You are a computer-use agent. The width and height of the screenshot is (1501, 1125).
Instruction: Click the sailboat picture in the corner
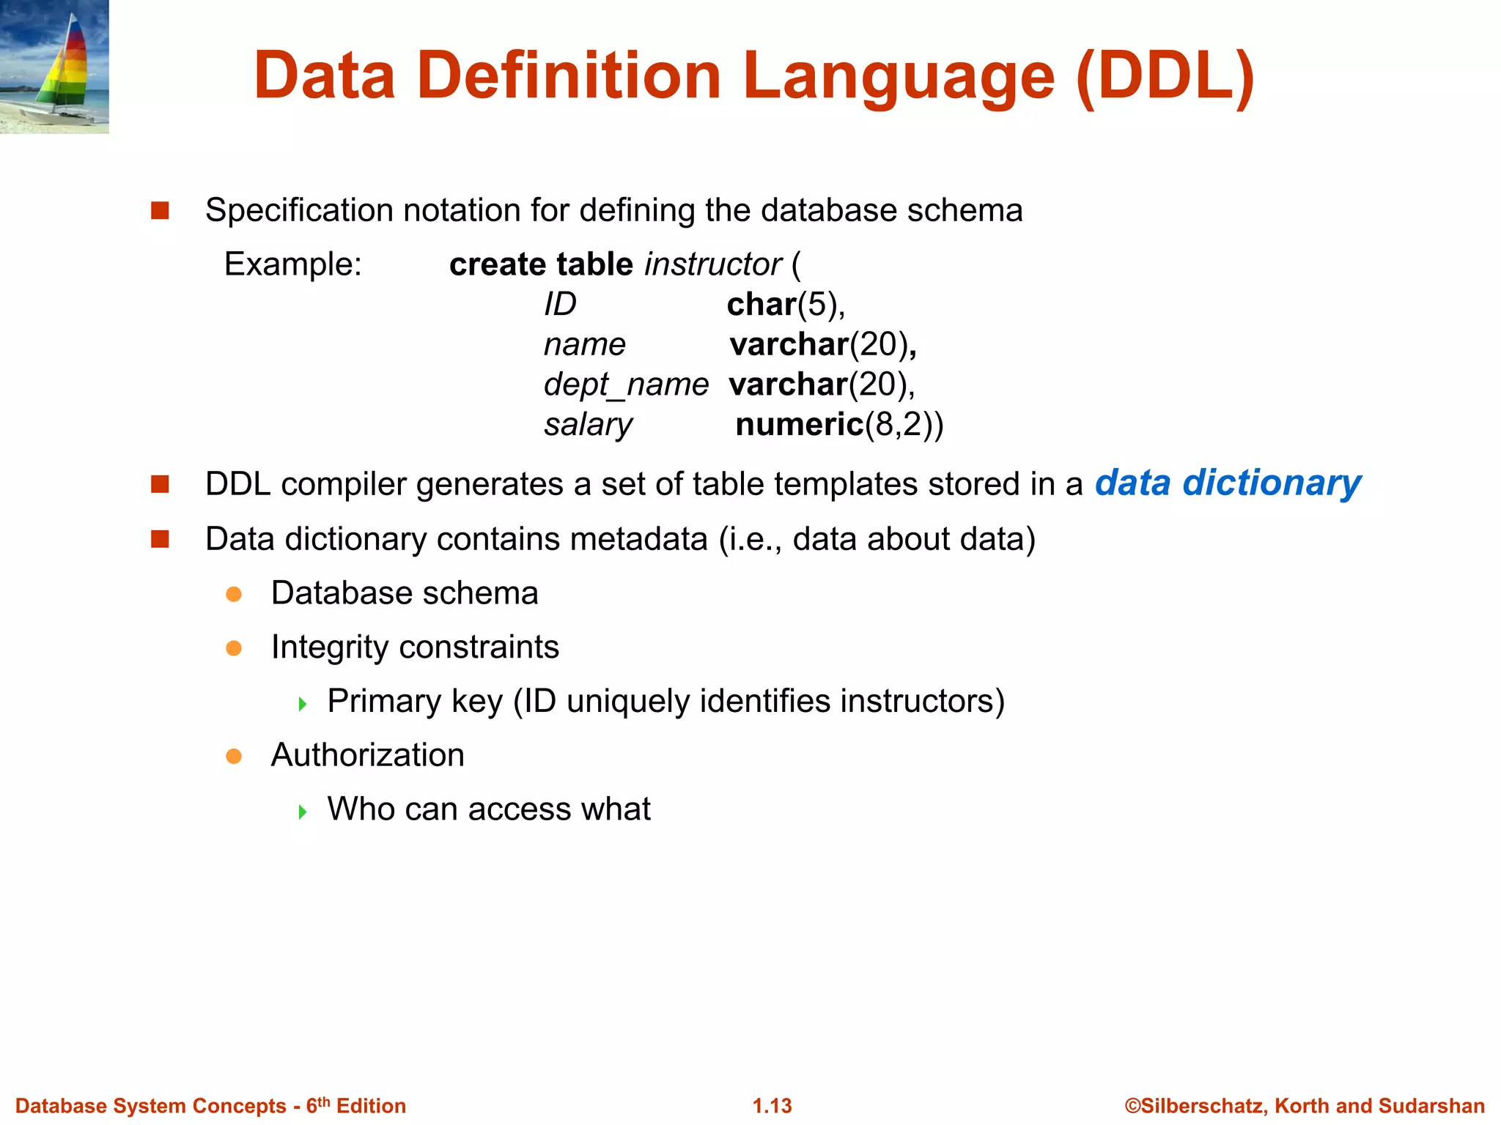tap(54, 67)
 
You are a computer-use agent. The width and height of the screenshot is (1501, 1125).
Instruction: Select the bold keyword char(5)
tap(785, 305)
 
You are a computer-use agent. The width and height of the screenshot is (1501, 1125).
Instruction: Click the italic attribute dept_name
tap(626, 385)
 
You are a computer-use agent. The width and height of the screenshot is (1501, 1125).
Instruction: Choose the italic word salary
tap(588, 425)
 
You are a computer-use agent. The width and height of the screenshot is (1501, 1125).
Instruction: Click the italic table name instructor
tap(713, 264)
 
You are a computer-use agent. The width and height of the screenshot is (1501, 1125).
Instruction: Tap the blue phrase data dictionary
tap(1228, 483)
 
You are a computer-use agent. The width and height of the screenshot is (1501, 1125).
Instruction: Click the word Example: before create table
tap(293, 264)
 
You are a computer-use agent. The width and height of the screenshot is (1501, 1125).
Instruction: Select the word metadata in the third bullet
tap(639, 539)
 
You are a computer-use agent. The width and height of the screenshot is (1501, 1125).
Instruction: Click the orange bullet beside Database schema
tap(234, 594)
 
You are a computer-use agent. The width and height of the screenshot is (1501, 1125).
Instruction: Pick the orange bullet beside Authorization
tap(234, 756)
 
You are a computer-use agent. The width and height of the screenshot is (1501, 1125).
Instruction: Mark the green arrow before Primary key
tap(303, 705)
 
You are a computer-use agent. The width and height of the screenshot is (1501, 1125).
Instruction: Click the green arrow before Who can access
tap(303, 812)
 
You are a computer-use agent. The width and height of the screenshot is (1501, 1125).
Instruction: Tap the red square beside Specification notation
tap(160, 211)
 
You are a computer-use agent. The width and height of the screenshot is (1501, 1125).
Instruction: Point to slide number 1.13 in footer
tap(772, 1106)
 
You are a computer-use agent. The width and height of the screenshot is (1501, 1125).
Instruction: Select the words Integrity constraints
tap(415, 647)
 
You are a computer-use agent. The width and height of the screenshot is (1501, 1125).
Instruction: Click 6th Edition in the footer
tap(356, 1106)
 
